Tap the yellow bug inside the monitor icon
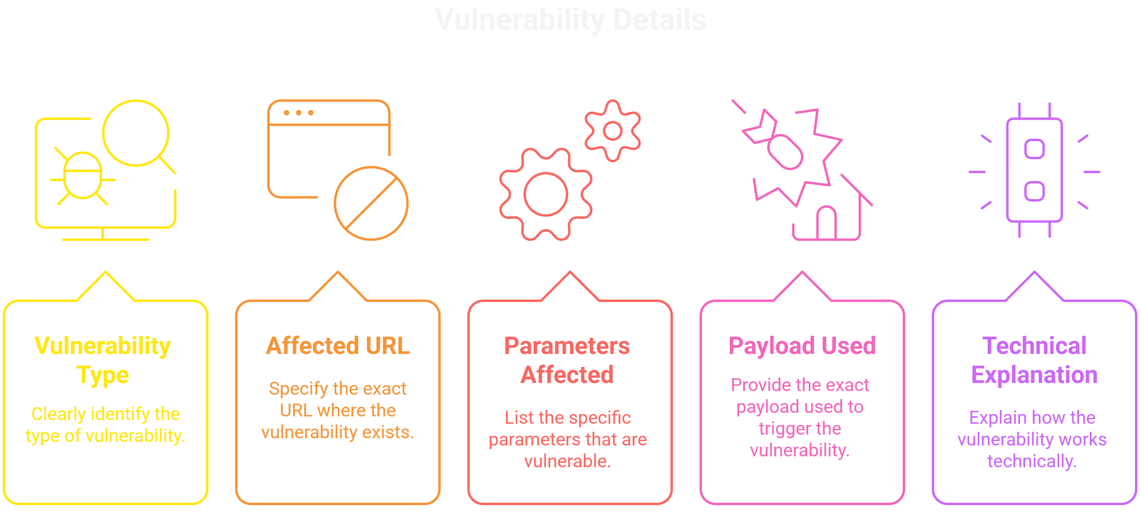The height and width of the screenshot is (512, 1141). [x=83, y=176]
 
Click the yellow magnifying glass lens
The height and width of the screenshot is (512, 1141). [x=135, y=133]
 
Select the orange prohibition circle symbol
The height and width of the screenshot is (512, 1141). [x=371, y=203]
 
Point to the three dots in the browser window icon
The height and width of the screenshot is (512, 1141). [x=298, y=113]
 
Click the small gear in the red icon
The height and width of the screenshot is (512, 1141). [x=612, y=131]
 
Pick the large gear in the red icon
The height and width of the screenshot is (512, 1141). [x=545, y=194]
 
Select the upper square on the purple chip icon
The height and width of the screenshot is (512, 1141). [x=1034, y=149]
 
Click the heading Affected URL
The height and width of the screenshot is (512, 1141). [x=337, y=345]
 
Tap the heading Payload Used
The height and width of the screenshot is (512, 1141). [x=802, y=345]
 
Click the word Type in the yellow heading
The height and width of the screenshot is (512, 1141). [x=103, y=375]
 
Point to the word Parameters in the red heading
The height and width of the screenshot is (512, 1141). [x=566, y=345]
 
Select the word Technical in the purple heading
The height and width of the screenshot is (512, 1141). [x=1034, y=345]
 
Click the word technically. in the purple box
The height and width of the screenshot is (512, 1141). [x=1032, y=461]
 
